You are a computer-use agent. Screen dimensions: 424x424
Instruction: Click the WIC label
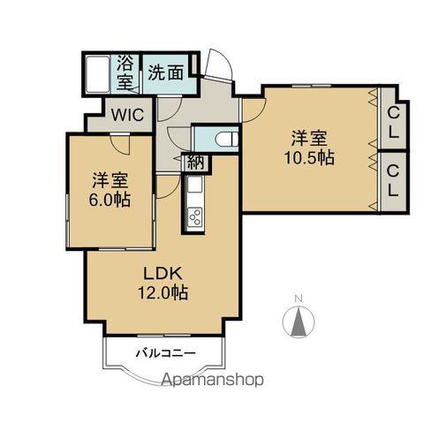click(127, 115)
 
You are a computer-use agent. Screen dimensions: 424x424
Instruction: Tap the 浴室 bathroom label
click(125, 72)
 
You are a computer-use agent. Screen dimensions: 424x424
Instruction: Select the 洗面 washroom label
click(166, 72)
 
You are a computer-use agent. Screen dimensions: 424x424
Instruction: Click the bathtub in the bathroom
click(98, 74)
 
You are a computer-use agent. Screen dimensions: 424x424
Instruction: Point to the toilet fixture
click(227, 139)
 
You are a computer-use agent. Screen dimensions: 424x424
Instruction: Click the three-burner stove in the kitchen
click(195, 217)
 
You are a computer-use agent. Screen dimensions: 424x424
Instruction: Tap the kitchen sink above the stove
click(195, 185)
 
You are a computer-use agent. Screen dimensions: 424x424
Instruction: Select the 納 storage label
click(196, 162)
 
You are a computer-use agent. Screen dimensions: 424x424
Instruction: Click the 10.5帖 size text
click(309, 158)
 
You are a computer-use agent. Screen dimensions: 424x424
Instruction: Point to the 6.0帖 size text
click(110, 201)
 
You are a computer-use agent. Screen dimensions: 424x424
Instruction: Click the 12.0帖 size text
click(163, 292)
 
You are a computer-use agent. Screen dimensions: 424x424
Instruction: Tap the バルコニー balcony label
click(165, 352)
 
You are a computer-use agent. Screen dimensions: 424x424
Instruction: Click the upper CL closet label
click(393, 123)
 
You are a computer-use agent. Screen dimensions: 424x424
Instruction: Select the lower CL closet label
click(393, 180)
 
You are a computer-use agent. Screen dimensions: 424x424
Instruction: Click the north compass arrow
click(299, 322)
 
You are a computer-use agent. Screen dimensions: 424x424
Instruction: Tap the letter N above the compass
click(299, 299)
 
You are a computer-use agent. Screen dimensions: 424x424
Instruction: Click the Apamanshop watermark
click(213, 380)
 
